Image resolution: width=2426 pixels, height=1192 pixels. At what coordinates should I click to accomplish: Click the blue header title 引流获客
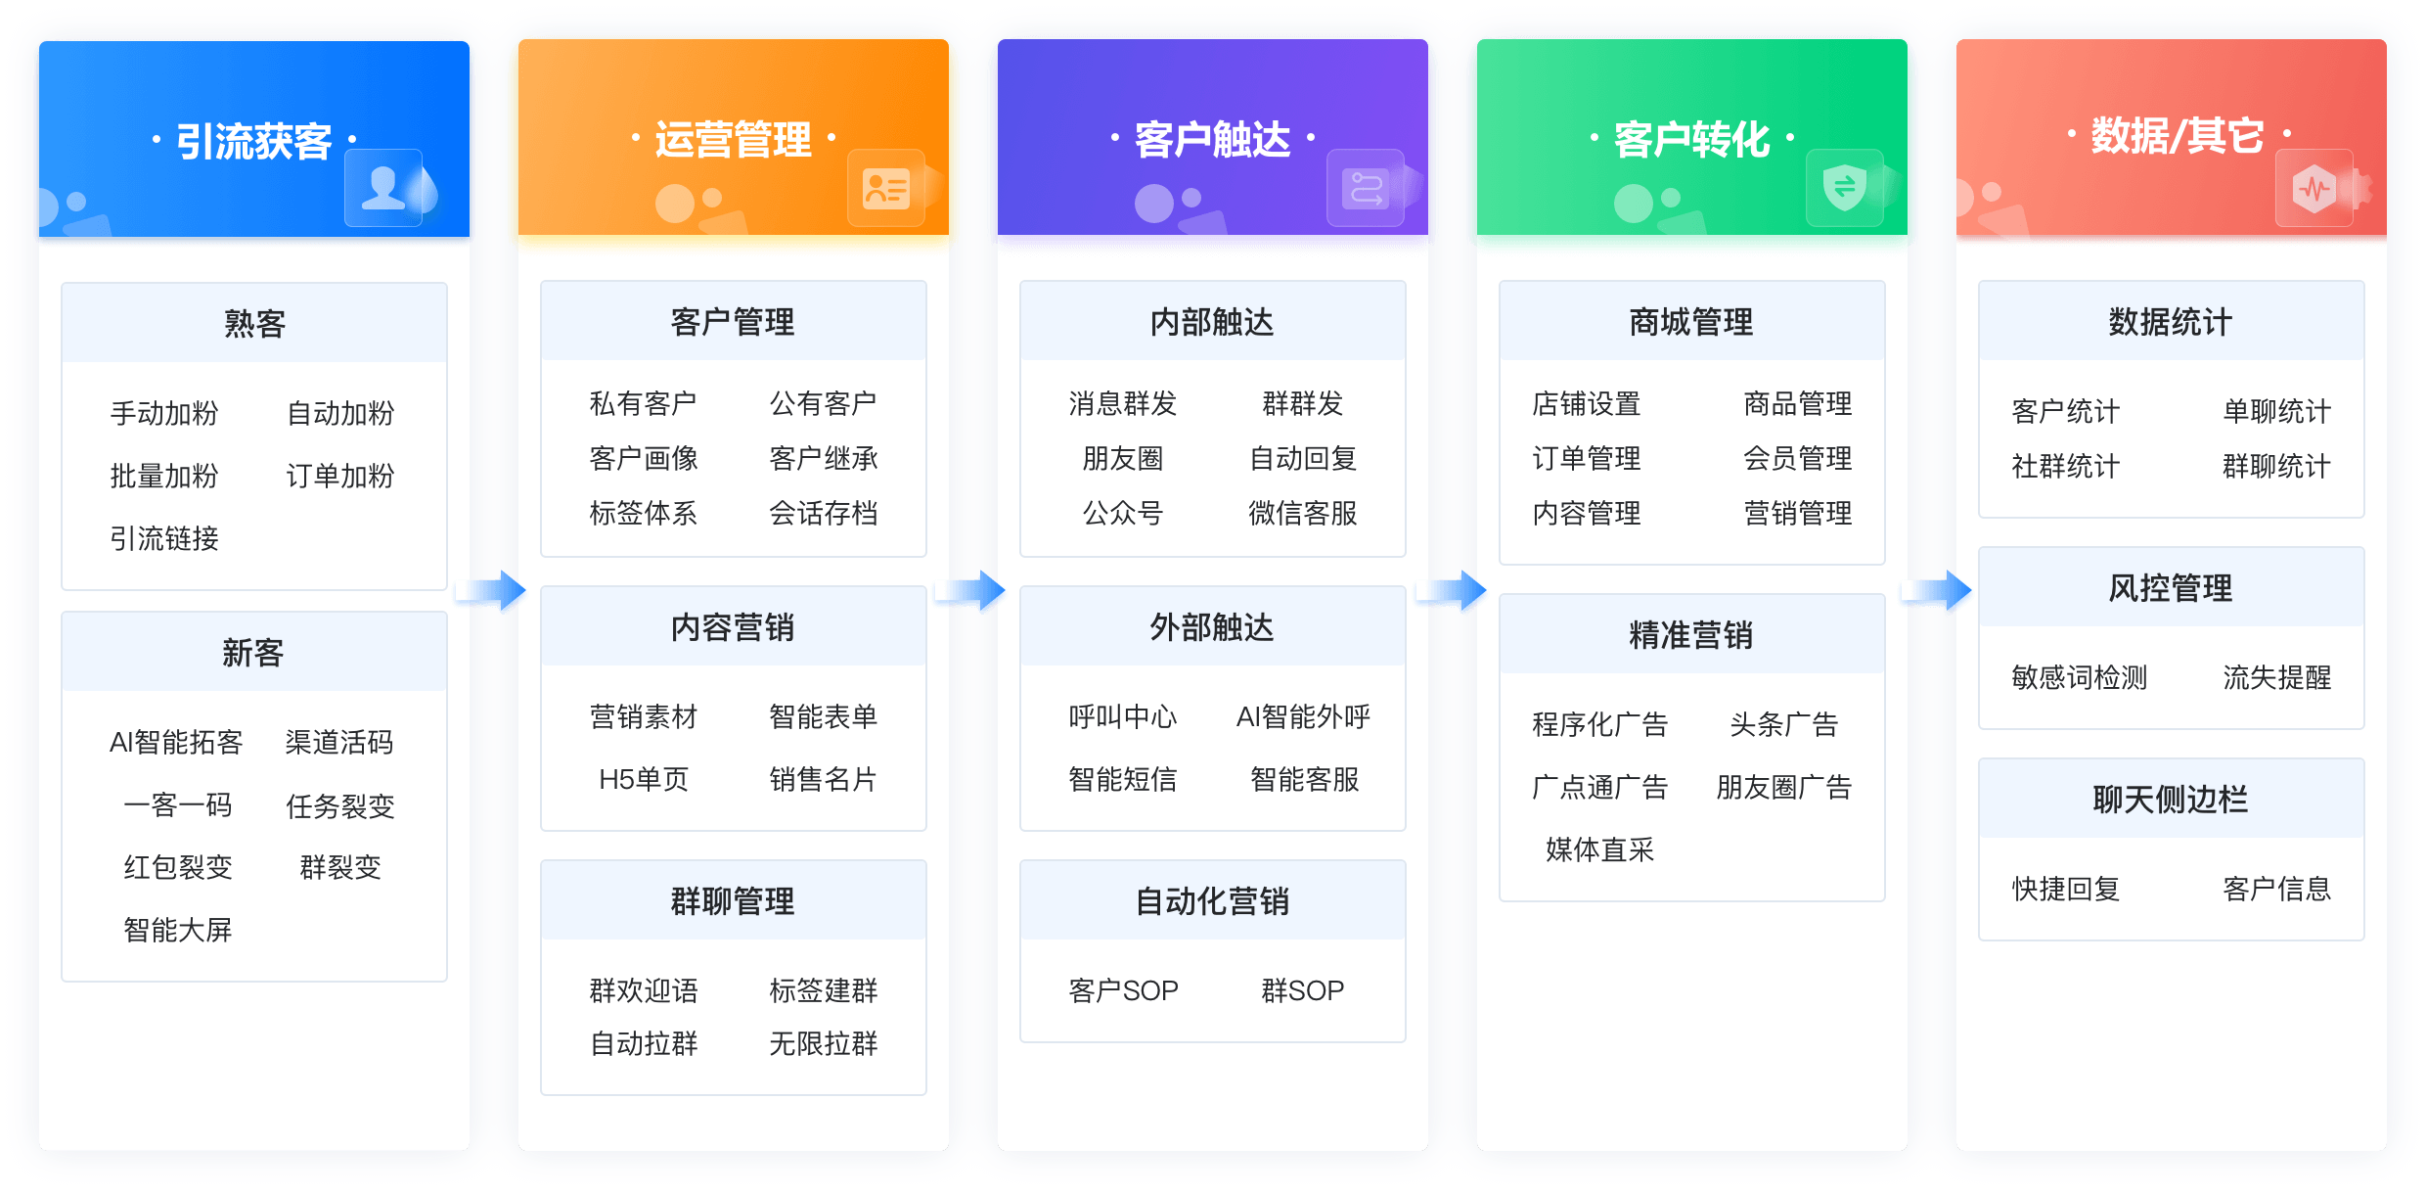[x=254, y=141]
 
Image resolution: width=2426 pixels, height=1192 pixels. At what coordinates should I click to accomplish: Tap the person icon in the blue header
[x=383, y=188]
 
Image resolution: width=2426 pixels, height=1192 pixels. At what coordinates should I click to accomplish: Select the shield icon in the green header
[x=1845, y=187]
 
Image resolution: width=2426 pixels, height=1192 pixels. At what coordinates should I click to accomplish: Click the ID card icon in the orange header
[x=886, y=189]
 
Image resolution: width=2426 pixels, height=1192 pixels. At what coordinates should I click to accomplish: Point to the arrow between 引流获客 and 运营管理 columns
[x=492, y=590]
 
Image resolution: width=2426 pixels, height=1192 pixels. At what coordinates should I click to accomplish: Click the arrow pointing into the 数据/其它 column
[x=1937, y=590]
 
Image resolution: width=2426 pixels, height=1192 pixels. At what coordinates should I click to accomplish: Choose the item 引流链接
[x=164, y=538]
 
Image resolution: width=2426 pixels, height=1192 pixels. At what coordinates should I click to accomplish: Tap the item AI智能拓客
[x=176, y=742]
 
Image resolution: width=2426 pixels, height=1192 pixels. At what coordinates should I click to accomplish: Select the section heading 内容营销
[x=733, y=627]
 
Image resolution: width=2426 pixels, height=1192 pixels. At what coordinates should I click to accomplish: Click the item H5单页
[x=644, y=779]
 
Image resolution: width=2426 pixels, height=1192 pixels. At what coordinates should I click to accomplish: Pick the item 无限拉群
[x=824, y=1043]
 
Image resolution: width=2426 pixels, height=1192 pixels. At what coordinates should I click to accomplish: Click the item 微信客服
[x=1303, y=513]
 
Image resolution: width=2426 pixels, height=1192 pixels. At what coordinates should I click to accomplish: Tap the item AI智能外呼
[x=1303, y=716]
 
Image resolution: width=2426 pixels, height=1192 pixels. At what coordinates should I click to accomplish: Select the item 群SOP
[x=1303, y=990]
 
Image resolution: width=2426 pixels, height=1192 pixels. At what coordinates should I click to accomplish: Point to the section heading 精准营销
[x=1691, y=635]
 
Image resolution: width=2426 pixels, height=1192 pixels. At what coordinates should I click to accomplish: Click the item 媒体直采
[x=1600, y=849]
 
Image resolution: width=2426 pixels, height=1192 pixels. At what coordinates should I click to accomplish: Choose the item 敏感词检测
[x=2080, y=677]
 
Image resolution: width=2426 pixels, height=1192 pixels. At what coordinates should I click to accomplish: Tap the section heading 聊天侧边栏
[x=2171, y=800]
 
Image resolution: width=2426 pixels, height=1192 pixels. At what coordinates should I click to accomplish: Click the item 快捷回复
[x=2066, y=889]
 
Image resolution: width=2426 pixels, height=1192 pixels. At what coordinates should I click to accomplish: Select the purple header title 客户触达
[x=1213, y=140]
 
